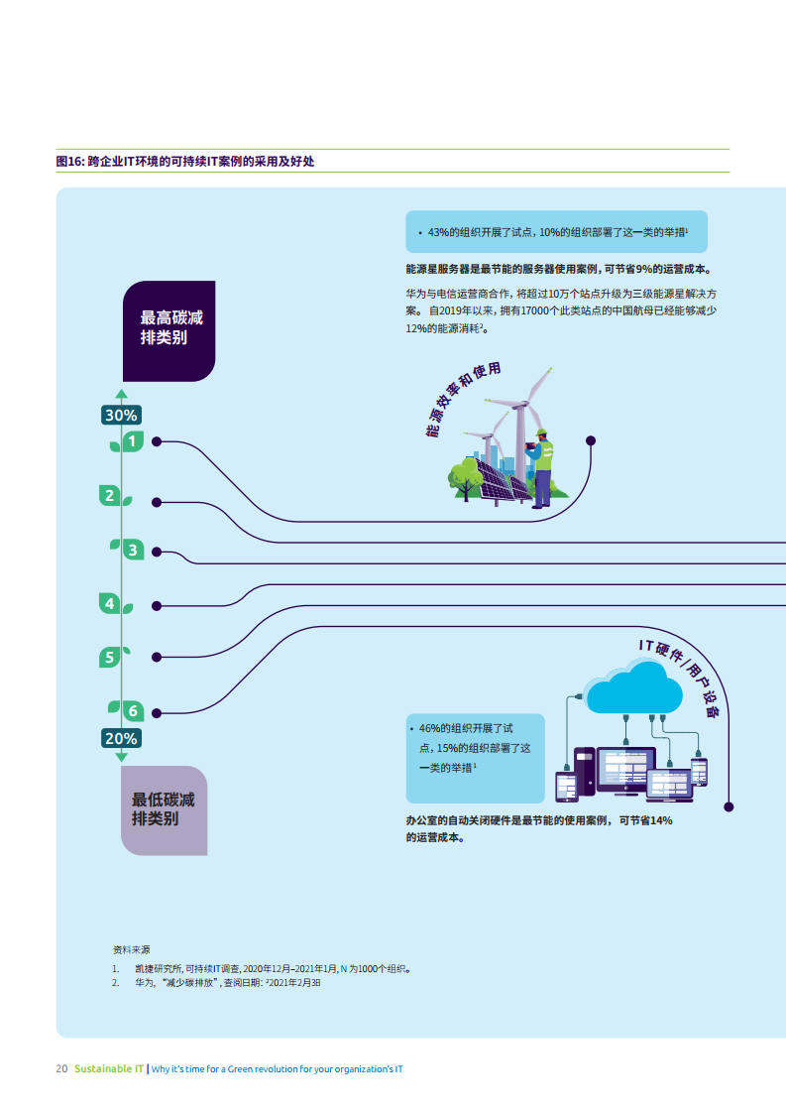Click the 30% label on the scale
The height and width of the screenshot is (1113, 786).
pyautogui.click(x=121, y=416)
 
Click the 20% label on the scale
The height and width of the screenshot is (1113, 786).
pyautogui.click(x=121, y=739)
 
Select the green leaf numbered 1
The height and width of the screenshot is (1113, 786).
pyautogui.click(x=132, y=440)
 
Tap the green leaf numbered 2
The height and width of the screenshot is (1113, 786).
pyautogui.click(x=110, y=495)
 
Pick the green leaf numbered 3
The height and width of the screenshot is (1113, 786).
pyautogui.click(x=131, y=549)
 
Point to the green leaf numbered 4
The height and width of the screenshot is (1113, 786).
pyautogui.click(x=110, y=603)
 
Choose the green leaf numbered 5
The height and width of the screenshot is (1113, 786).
pyautogui.click(x=110, y=657)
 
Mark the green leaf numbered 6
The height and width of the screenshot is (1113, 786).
pyautogui.click(x=131, y=711)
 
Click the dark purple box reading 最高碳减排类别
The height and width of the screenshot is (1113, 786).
pyautogui.click(x=168, y=330)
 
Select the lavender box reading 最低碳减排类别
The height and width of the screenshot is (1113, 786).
pyautogui.click(x=165, y=809)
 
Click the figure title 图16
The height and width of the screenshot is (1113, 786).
pyautogui.click(x=185, y=161)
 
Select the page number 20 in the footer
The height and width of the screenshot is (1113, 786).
pyautogui.click(x=61, y=1069)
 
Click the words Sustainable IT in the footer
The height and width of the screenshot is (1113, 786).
pyautogui.click(x=109, y=1069)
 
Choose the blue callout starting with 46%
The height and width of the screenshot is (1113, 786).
pyautogui.click(x=475, y=758)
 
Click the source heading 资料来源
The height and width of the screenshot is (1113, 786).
pyautogui.click(x=132, y=949)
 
